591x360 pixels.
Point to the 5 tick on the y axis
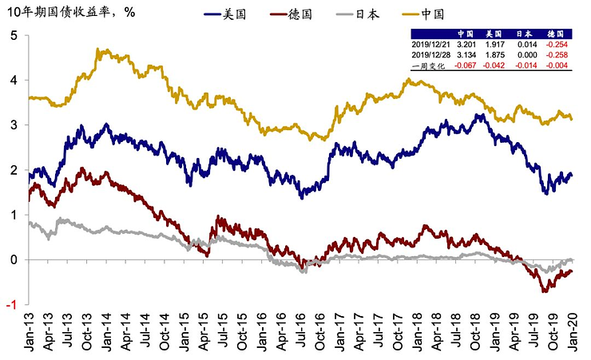pos(14,36)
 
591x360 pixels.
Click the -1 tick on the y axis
pos(12,304)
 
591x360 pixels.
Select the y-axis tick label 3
pos(14,125)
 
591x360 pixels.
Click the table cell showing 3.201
pos(466,45)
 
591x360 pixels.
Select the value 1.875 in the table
pos(495,56)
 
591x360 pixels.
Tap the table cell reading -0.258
pos(557,56)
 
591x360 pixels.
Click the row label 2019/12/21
pos(430,45)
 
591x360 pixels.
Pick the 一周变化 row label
pos(430,66)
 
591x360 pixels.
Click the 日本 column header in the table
pos(526,35)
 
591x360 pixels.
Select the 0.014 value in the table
pos(526,45)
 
